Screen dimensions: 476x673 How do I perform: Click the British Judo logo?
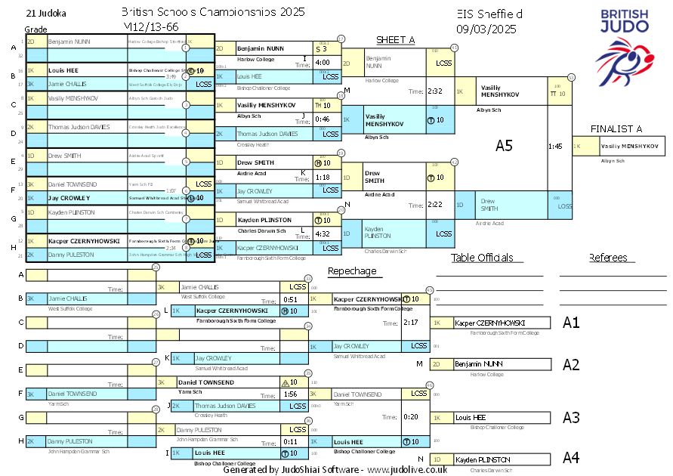[625, 45]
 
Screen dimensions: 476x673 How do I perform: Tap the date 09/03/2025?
[486, 29]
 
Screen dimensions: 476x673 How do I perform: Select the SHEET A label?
[396, 40]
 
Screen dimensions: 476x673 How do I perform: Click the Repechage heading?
[352, 271]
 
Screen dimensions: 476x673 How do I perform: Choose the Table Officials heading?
[482, 258]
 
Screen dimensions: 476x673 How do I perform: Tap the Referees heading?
[608, 258]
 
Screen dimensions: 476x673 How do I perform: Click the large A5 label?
[504, 146]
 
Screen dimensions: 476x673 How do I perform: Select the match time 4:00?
[323, 63]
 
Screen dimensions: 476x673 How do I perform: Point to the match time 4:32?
[323, 234]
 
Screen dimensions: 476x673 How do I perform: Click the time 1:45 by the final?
[555, 146]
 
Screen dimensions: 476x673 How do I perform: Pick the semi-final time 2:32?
[434, 91]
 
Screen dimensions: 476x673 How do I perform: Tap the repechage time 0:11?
[291, 441]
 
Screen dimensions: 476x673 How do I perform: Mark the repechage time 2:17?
[411, 323]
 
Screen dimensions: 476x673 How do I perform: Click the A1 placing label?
[571, 323]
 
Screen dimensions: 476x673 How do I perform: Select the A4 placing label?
[571, 457]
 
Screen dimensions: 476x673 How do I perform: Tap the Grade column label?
[36, 29]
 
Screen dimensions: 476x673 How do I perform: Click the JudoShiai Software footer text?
[335, 469]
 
